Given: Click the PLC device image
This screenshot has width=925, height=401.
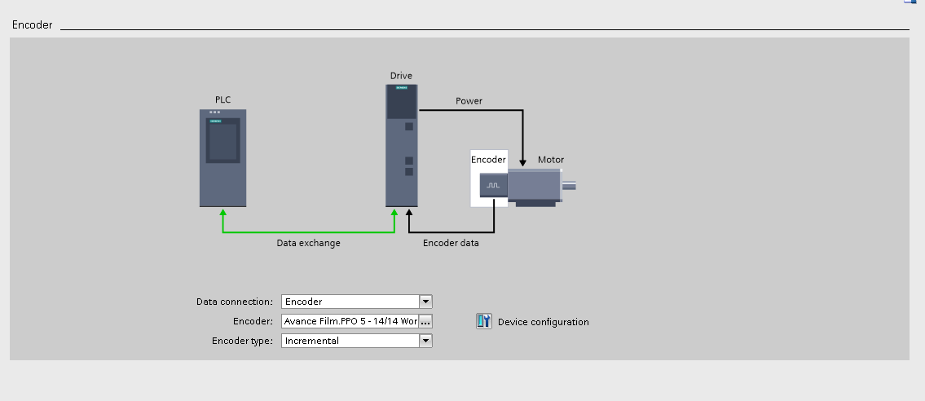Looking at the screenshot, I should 222,157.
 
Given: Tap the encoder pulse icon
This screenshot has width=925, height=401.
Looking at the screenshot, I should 493,186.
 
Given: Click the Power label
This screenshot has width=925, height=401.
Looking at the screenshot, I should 469,101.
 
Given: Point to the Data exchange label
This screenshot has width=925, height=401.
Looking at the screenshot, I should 308,243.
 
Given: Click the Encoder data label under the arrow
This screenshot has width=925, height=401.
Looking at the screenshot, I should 451,243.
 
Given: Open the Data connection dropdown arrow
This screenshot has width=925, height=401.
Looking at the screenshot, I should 425,302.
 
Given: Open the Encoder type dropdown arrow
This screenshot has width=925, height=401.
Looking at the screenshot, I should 425,341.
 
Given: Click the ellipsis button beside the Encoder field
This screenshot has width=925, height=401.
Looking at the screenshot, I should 425,321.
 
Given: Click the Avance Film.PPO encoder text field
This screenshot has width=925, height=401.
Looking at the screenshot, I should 350,321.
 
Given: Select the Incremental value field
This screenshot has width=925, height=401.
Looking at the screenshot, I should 350,341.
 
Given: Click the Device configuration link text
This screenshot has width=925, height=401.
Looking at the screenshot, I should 543,322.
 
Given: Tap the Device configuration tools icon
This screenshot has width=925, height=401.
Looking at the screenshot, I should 484,321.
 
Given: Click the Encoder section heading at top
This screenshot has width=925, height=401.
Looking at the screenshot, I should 32,25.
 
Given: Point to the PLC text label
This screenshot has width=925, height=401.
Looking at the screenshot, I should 222,99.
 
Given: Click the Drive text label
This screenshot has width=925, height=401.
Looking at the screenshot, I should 401,76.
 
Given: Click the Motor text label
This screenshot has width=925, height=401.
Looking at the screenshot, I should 550,160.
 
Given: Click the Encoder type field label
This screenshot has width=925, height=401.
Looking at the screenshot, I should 242,341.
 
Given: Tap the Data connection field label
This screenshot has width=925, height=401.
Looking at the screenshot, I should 235,302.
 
